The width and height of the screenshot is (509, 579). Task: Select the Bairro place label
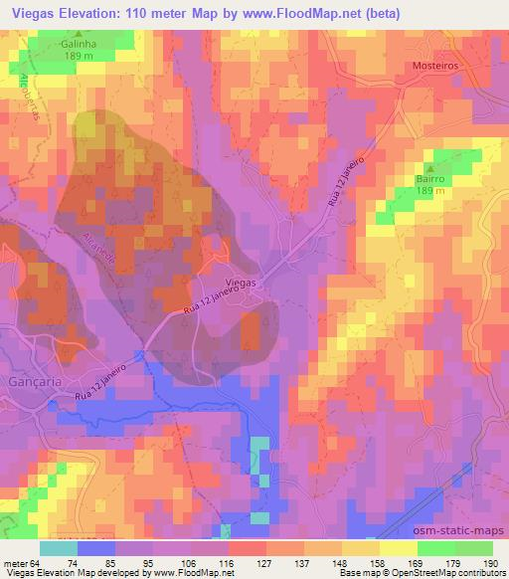431,178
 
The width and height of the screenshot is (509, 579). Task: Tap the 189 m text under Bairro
431,191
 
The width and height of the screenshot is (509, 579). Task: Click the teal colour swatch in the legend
58,548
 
